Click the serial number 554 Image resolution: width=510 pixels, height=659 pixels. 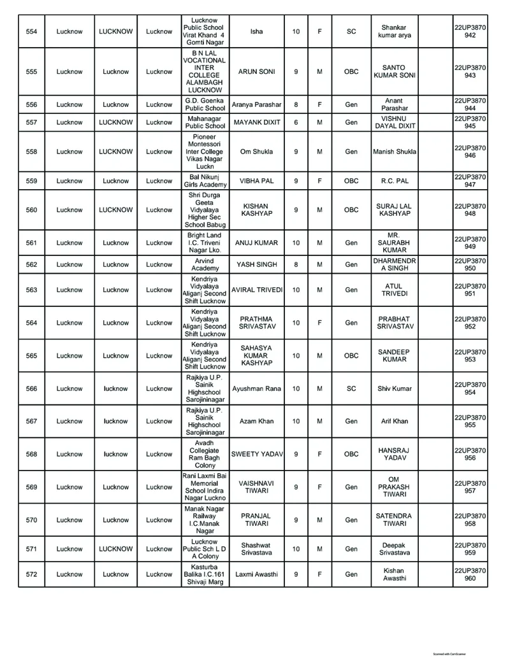(31, 32)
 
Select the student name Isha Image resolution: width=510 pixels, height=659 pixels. (256, 32)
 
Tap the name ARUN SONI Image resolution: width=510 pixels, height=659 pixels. (256, 72)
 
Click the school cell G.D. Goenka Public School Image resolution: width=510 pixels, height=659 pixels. (205, 104)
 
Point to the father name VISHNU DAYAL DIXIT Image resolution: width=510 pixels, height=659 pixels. (393, 122)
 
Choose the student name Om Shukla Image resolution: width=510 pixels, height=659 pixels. (256, 152)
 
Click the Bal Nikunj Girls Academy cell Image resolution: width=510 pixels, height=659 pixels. (205, 181)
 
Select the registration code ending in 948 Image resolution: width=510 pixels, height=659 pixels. (470, 210)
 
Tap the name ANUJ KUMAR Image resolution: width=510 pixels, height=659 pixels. (256, 243)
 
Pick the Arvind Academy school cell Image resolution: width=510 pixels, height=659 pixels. (205, 264)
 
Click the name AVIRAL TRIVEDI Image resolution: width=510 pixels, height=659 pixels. (256, 290)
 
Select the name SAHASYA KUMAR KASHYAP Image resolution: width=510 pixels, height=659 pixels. (256, 356)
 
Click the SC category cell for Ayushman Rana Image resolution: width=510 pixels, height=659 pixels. (351, 388)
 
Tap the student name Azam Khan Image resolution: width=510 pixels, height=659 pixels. (256, 422)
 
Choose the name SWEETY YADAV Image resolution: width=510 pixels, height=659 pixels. (256, 455)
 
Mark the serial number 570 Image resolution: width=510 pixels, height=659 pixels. (31, 520)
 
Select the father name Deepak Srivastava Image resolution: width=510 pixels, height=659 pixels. (393, 549)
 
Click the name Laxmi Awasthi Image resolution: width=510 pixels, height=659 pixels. (256, 574)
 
